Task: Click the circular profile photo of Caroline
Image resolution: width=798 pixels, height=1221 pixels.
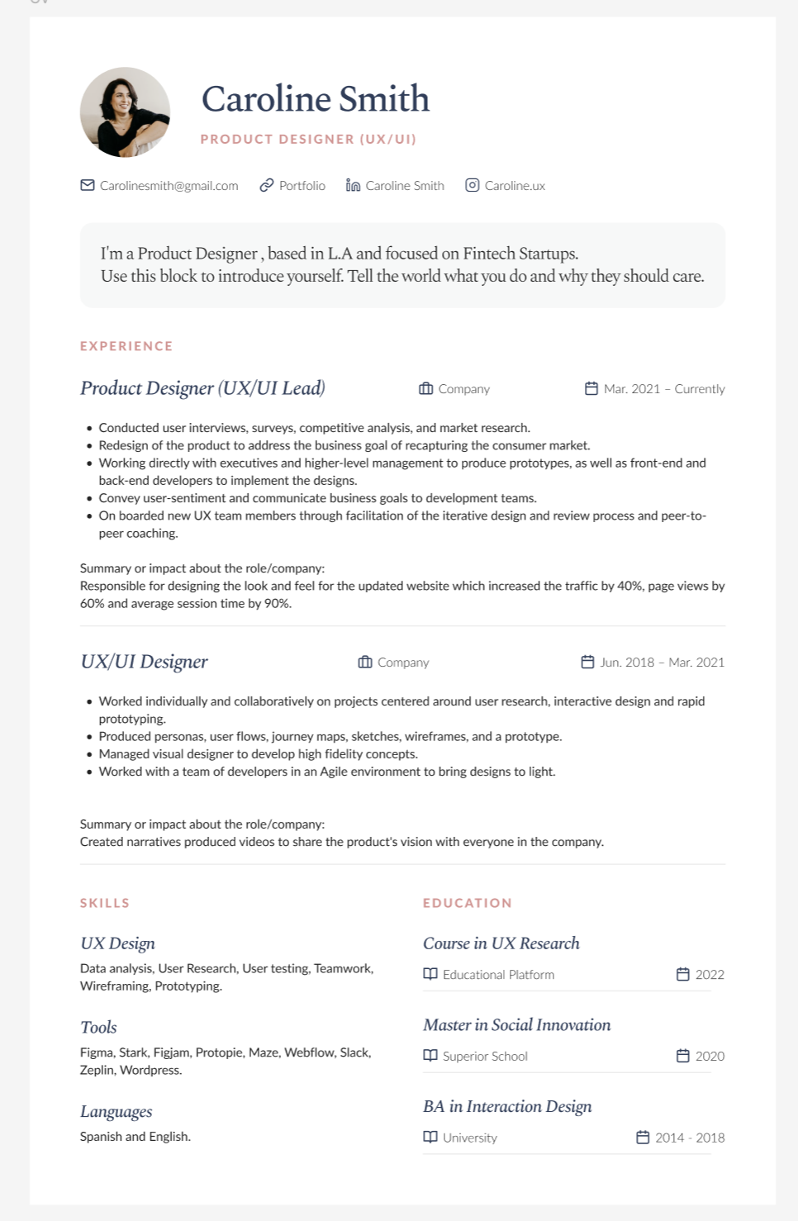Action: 125,112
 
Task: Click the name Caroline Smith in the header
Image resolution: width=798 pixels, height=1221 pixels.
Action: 316,99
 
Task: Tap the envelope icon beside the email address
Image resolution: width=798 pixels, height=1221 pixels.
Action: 88,185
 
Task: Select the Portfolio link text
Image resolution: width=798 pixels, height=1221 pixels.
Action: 302,186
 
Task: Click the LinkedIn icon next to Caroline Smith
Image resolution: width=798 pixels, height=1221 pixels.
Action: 353,185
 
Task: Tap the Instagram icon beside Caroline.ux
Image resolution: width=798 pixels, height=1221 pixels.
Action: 473,185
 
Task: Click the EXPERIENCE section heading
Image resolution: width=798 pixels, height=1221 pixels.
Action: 126,346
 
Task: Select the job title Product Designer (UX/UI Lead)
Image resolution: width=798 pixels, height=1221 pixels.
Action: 202,388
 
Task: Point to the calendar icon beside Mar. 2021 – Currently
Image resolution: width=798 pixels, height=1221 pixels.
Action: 591,388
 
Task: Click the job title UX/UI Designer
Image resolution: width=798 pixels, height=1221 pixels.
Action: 144,662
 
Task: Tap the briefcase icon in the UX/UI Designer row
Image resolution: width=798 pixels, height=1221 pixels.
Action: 365,662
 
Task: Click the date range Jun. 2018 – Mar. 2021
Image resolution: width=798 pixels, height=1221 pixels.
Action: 662,663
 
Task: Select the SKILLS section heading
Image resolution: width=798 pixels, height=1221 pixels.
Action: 105,903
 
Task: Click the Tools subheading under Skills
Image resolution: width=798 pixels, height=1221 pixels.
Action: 98,1027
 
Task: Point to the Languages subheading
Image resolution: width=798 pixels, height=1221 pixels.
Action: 116,1111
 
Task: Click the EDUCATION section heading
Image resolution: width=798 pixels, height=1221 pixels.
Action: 468,903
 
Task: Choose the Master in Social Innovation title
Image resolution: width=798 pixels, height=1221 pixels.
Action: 517,1025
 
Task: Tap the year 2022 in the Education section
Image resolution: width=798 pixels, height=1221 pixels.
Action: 710,975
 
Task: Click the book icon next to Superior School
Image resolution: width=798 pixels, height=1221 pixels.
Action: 430,1055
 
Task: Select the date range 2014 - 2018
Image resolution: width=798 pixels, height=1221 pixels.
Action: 690,1138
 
